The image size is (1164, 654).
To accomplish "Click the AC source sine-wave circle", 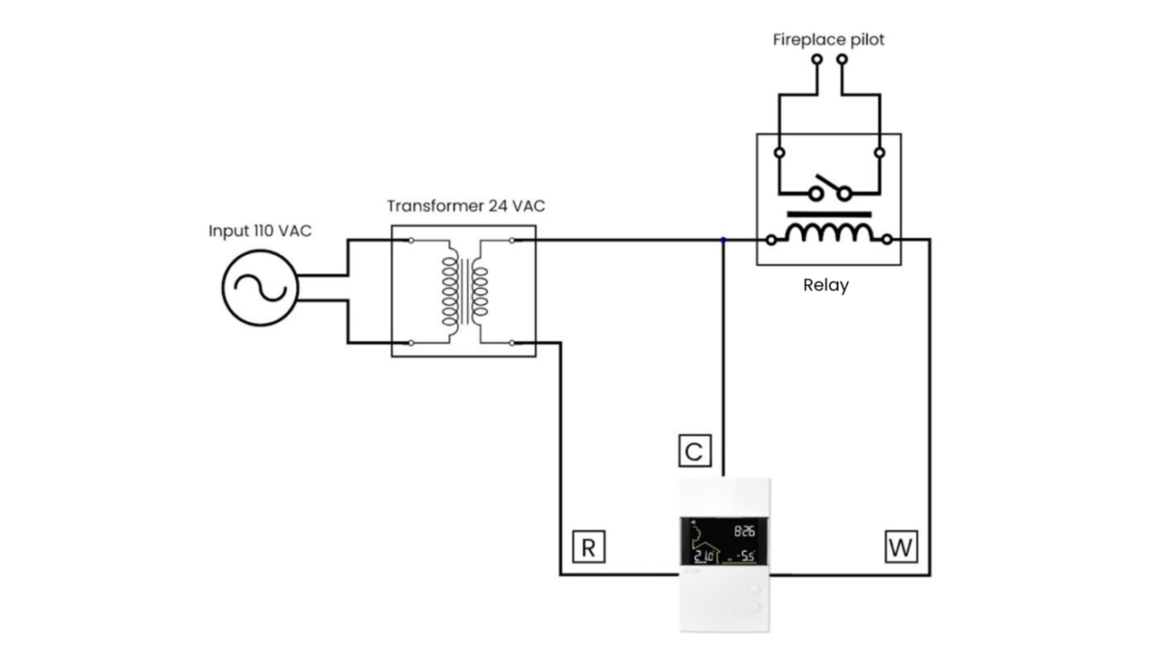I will tap(260, 288).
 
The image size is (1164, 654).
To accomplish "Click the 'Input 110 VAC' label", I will tap(260, 231).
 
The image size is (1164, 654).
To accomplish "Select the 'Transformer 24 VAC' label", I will tap(466, 206).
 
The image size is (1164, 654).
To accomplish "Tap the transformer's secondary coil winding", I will tap(479, 292).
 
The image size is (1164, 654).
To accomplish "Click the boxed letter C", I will tap(693, 452).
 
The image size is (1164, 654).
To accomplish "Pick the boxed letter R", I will tap(587, 548).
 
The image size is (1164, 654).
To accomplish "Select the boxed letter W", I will tap(900, 548).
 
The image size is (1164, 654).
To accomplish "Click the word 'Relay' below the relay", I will tap(826, 286).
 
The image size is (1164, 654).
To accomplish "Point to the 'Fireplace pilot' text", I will tap(829, 40).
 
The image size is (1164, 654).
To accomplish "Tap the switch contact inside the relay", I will tap(829, 191).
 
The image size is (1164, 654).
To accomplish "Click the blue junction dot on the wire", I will tap(723, 240).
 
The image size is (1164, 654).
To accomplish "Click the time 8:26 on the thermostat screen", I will tap(744, 530).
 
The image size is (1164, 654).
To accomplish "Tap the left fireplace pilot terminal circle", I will tap(817, 60).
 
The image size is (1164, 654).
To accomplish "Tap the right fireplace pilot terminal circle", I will tap(842, 60).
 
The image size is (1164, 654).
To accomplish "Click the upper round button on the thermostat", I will tap(754, 590).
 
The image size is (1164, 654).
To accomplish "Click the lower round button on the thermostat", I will tap(754, 607).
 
